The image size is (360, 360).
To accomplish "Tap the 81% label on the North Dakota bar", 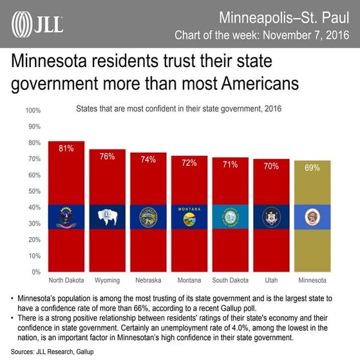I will (x=66, y=148).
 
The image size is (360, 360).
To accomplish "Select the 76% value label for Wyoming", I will (x=107, y=156).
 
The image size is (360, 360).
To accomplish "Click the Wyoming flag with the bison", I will (x=107, y=217).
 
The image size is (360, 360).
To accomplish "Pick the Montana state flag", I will (x=189, y=217).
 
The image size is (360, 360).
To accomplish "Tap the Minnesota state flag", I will (x=312, y=217).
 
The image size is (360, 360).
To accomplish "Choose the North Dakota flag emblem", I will (x=66, y=217).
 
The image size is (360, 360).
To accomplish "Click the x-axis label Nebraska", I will (x=148, y=281).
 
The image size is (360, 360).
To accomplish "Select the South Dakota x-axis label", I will (x=230, y=281).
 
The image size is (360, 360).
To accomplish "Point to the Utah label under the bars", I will (x=271, y=281).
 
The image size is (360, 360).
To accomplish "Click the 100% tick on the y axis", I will (x=33, y=111).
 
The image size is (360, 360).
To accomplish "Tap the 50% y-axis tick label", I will (x=35, y=191).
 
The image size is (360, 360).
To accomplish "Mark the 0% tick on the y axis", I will (x=37, y=272).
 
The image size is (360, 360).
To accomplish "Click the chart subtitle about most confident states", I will (x=180, y=109).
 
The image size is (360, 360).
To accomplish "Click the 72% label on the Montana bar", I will (x=189, y=162).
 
